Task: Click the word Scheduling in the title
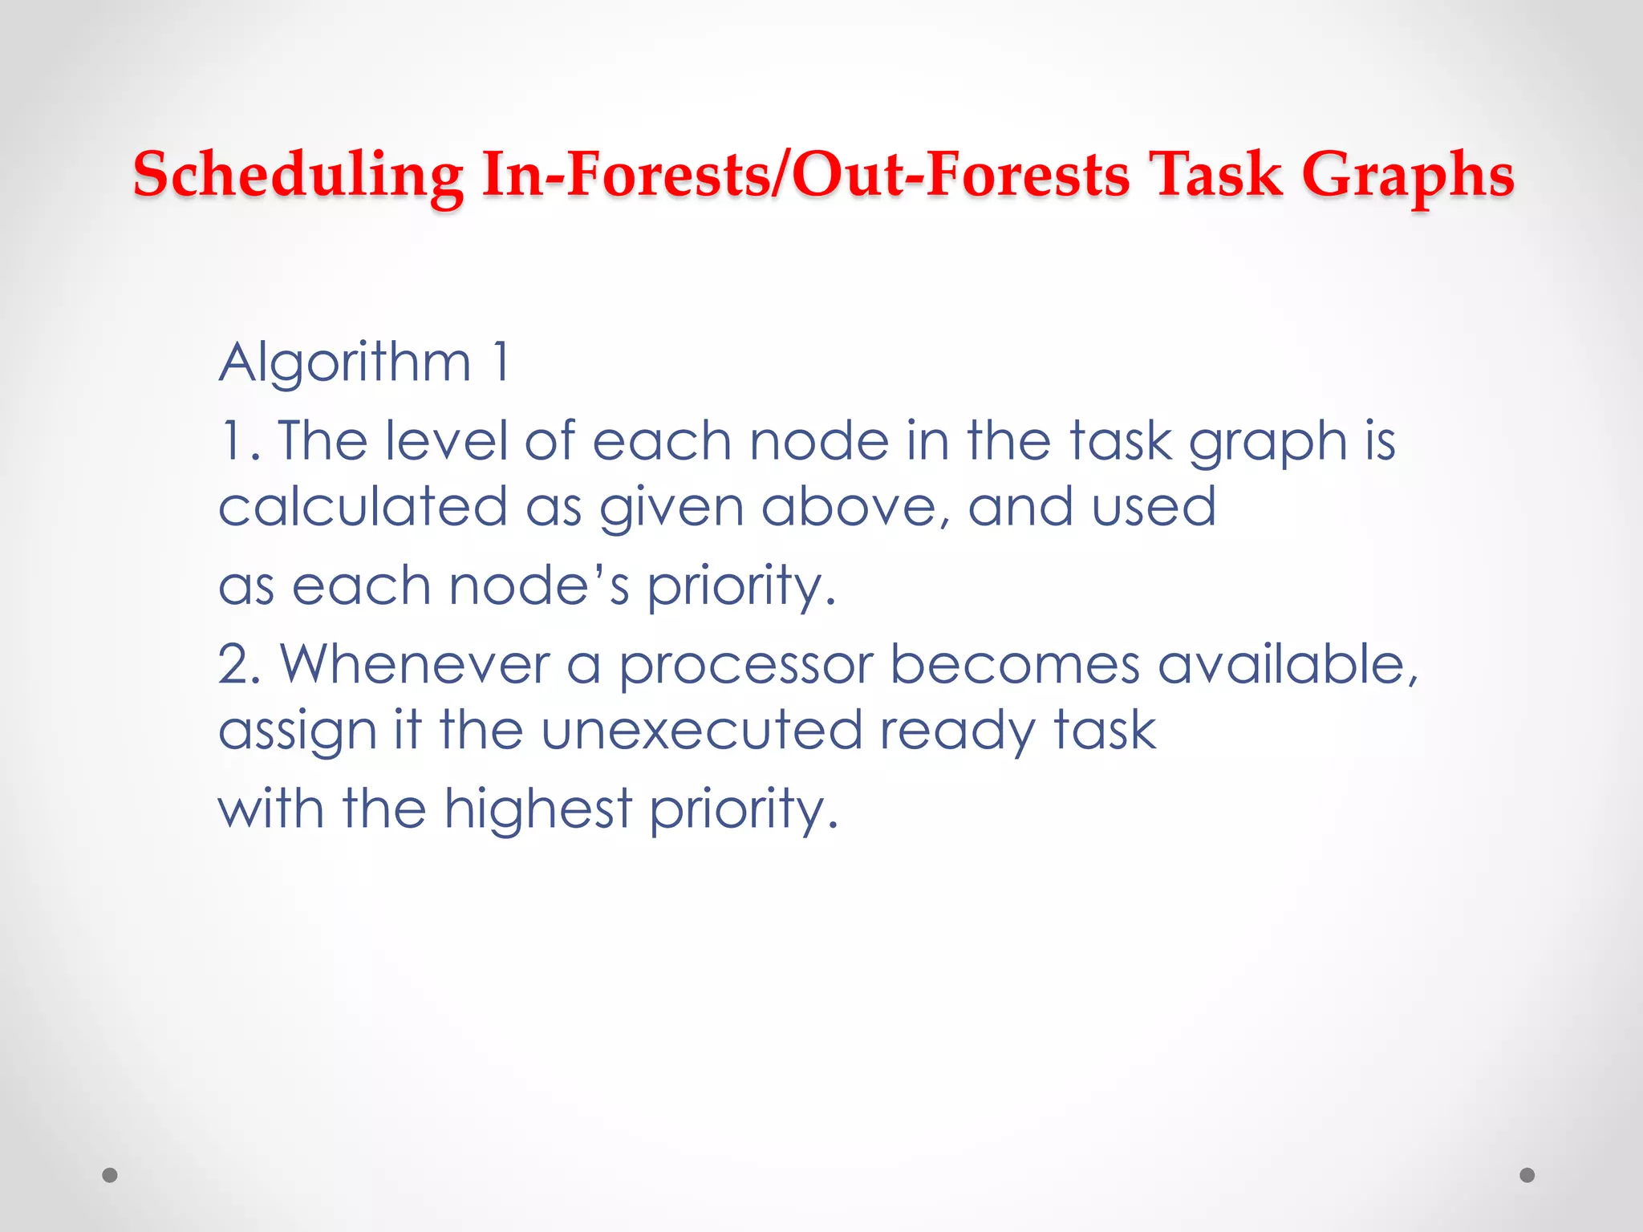298,175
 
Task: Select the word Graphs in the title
1407,175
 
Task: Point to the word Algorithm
345,363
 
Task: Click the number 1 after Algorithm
501,363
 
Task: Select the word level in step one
446,441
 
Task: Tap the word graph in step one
1268,443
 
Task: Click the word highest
538,808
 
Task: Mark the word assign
298,731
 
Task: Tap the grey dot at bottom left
110,1175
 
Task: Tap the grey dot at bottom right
1527,1175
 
